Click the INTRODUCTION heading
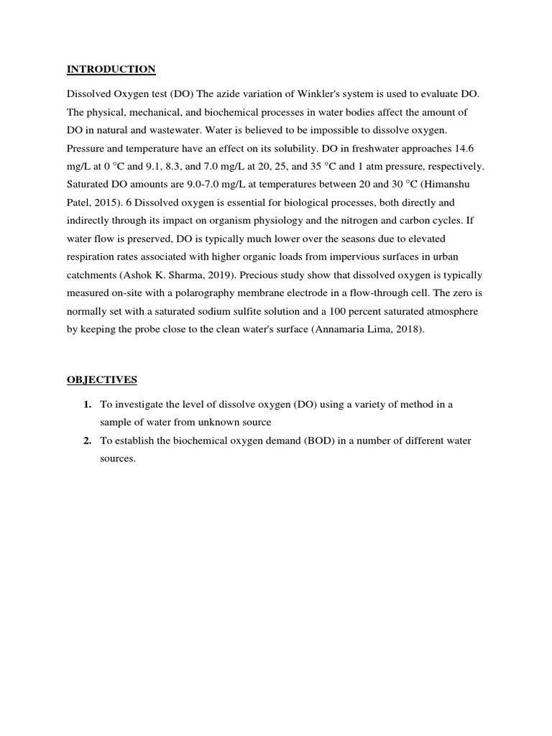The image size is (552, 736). tap(111, 70)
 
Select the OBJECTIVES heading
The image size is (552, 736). tap(102, 379)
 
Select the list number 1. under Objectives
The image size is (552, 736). tap(88, 405)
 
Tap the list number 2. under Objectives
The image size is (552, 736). tap(88, 441)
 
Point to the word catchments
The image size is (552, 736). tap(92, 257)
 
